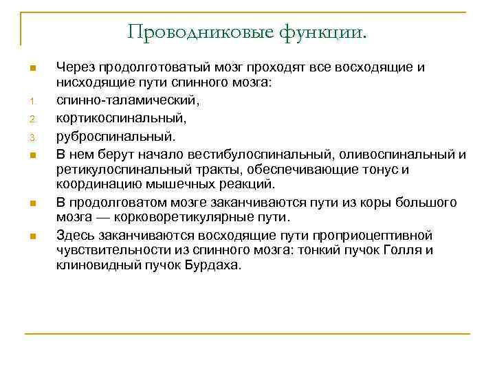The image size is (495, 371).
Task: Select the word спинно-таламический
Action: click(127, 101)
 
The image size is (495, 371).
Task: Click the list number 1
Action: click(32, 103)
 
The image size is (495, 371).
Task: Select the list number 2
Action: click(32, 120)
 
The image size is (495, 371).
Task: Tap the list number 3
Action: click(32, 136)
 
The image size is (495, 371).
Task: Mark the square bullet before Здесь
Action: click(32, 236)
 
